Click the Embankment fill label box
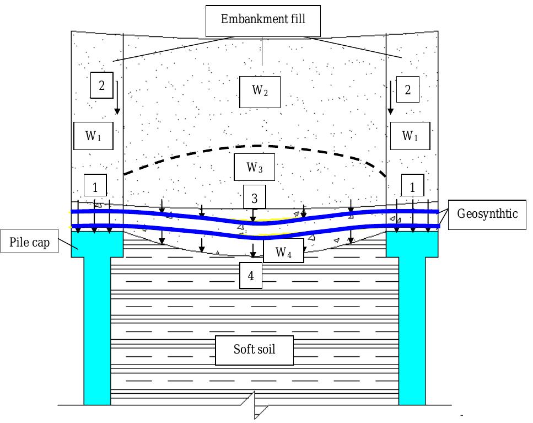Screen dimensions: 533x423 click(x=263, y=21)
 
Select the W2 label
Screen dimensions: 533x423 click(x=260, y=92)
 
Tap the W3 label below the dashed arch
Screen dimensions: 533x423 click(x=254, y=167)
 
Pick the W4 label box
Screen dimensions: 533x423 click(x=283, y=250)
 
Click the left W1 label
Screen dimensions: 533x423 click(x=93, y=136)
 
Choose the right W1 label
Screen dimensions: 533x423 click(x=410, y=136)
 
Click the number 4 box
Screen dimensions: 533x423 click(x=251, y=275)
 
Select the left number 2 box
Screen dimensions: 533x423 click(x=101, y=85)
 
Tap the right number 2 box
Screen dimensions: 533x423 click(x=407, y=89)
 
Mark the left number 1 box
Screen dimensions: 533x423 click(x=95, y=185)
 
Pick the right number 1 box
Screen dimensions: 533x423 click(x=412, y=185)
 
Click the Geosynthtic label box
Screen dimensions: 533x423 click(x=487, y=215)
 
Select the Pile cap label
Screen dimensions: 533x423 click(x=29, y=241)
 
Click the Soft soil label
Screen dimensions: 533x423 click(x=254, y=350)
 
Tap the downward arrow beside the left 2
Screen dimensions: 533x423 click(x=117, y=98)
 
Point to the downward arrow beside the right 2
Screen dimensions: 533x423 click(x=391, y=98)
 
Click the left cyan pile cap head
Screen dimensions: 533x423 click(x=97, y=244)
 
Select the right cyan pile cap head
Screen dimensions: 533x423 click(x=412, y=244)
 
